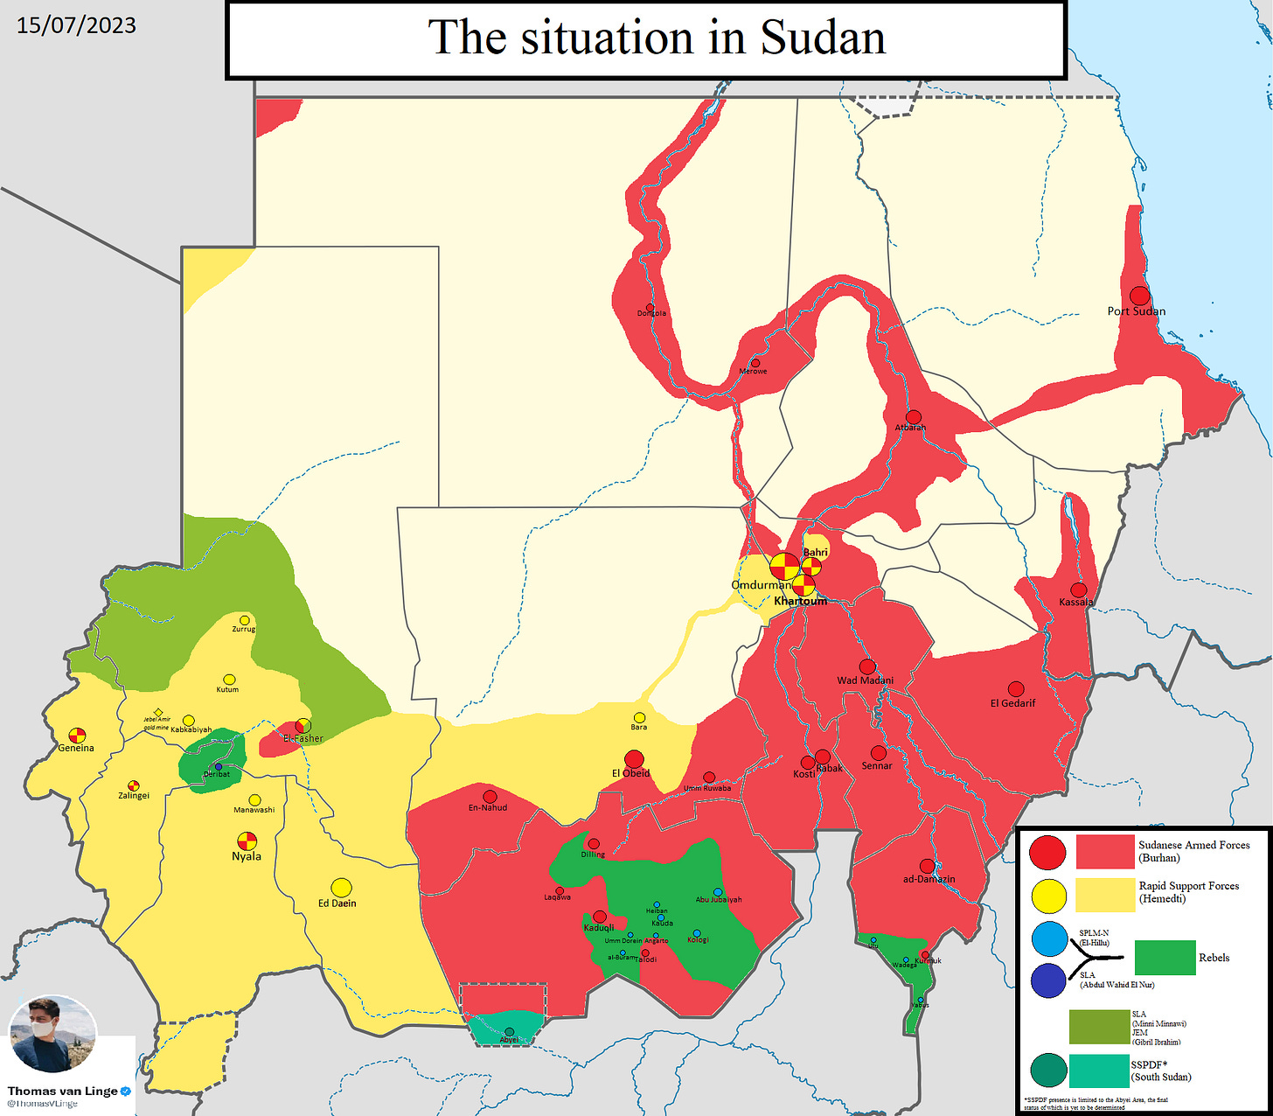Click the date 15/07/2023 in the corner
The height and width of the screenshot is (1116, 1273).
pyautogui.click(x=76, y=24)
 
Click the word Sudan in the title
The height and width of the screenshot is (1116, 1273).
pyautogui.click(x=822, y=38)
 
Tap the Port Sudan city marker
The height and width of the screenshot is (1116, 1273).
pyautogui.click(x=1139, y=296)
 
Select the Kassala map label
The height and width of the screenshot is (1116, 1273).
pyautogui.click(x=1075, y=602)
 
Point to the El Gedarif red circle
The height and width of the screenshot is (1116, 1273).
pyautogui.click(x=1015, y=689)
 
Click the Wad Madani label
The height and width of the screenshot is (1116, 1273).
pyautogui.click(x=865, y=680)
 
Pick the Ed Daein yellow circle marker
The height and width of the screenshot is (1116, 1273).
pyautogui.click(x=341, y=887)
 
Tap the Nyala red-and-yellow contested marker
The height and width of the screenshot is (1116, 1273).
pyautogui.click(x=247, y=840)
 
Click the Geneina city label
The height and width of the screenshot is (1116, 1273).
pyautogui.click(x=76, y=749)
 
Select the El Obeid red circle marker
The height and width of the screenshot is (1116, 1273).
pyautogui.click(x=634, y=758)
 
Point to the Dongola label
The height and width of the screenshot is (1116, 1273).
pyautogui.click(x=651, y=313)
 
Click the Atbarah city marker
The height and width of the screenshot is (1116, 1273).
pyautogui.click(x=913, y=417)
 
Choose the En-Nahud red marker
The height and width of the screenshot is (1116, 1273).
pyautogui.click(x=490, y=796)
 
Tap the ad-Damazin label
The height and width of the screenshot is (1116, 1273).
pyautogui.click(x=929, y=879)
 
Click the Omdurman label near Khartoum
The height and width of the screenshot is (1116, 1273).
pyautogui.click(x=761, y=585)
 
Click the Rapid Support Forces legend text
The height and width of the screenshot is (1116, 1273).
pyautogui.click(x=1188, y=892)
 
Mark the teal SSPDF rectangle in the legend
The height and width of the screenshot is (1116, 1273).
pyautogui.click(x=1098, y=1071)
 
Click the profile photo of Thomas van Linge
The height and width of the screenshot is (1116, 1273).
pyautogui.click(x=52, y=1034)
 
